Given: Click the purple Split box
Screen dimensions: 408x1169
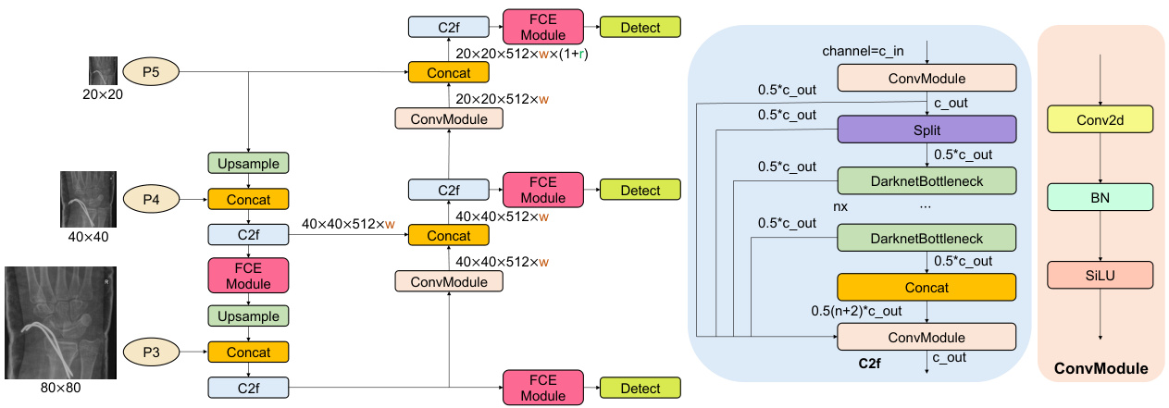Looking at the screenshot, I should (x=926, y=129).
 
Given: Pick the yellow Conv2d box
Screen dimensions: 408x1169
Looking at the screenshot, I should (x=1100, y=118).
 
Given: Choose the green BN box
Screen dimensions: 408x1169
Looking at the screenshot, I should (x=1100, y=196).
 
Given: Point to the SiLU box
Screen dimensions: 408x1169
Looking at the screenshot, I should (x=1100, y=274).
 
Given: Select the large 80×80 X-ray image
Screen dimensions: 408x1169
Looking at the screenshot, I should (x=59, y=322).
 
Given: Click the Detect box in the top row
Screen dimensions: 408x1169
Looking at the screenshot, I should (x=640, y=27).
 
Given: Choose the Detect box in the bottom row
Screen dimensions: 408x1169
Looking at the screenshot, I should (x=640, y=389).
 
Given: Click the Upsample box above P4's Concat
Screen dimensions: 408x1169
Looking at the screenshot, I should (x=248, y=163).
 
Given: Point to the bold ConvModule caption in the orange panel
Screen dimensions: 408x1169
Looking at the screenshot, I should (x=1101, y=369).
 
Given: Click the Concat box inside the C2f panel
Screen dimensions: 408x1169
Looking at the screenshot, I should (x=926, y=288).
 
